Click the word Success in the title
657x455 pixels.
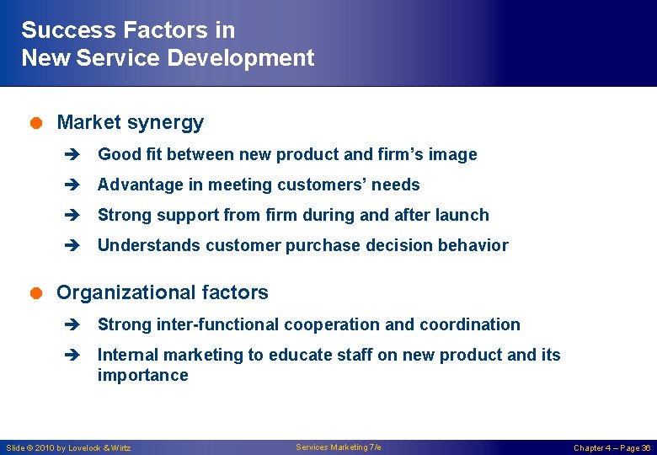[x=69, y=30]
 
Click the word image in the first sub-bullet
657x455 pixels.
[x=452, y=154]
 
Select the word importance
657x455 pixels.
[x=142, y=375]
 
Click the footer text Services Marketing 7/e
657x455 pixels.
[x=338, y=447]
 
